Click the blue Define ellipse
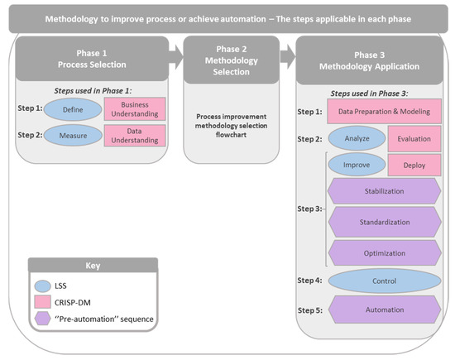click(76, 108)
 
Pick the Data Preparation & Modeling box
click(384, 110)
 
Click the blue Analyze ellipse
click(357, 137)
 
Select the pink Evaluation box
click(414, 137)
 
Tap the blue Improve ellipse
click(357, 165)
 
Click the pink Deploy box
click(414, 165)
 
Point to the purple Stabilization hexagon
click(384, 192)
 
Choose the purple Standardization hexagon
click(384, 222)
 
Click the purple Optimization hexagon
click(384, 252)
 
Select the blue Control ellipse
click(384, 281)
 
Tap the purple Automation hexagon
click(384, 310)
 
